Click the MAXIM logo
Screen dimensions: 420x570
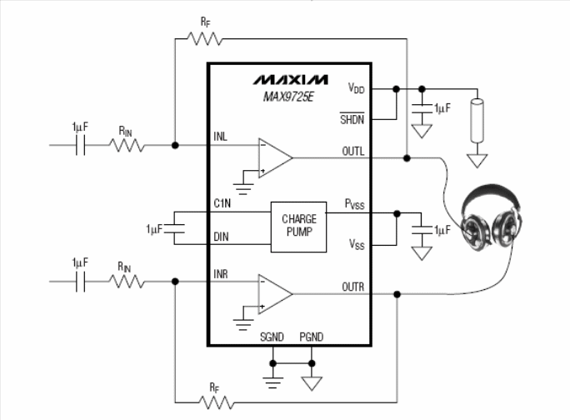point(291,80)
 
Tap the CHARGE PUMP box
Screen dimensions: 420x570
point(298,226)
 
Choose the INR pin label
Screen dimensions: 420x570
point(222,273)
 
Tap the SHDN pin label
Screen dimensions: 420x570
point(352,119)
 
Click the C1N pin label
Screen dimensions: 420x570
point(222,202)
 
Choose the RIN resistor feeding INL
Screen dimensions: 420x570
point(127,145)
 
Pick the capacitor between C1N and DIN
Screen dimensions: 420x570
point(172,227)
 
